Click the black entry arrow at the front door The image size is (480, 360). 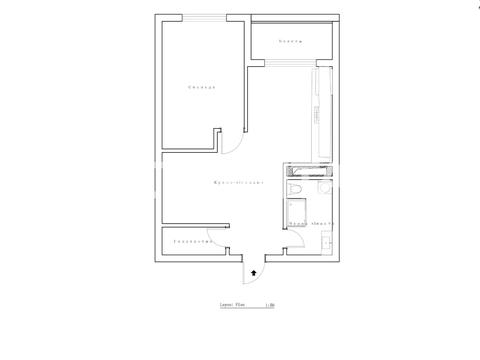coord(254,270)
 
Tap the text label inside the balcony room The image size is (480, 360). coord(290,41)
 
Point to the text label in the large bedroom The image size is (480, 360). coord(203,88)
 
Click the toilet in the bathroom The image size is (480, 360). coord(295,189)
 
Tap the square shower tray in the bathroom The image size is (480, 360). coord(297,212)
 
